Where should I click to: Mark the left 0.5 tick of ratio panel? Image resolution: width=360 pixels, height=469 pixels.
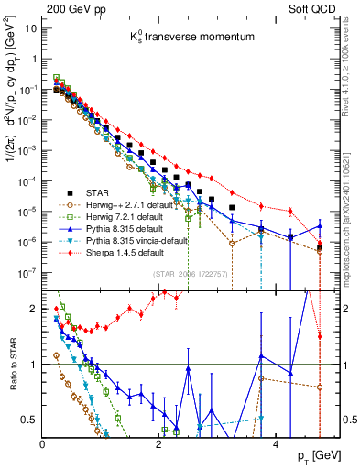30,420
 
